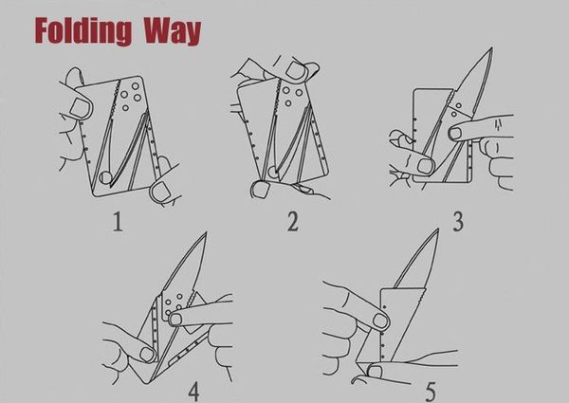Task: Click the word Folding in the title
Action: tap(83, 31)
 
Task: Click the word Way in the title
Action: tap(173, 31)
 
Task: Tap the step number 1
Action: tap(118, 222)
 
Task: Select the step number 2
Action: tap(292, 221)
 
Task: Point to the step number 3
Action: tap(458, 222)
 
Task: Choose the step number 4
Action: tap(194, 392)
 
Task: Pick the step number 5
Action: tap(431, 392)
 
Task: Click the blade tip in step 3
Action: tap(491, 47)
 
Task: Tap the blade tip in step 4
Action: tap(206, 232)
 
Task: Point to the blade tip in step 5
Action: tap(437, 229)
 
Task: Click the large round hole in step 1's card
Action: tap(105, 177)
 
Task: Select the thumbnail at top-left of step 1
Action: tap(79, 108)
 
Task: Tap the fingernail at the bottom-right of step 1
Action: tap(161, 191)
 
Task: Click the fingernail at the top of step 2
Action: tap(297, 70)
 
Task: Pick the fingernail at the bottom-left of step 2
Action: tap(260, 190)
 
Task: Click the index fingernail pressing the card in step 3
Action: tap(455, 134)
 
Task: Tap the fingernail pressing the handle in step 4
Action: tap(175, 320)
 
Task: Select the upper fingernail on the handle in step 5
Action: tap(380, 321)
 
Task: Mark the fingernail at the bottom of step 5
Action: tap(375, 371)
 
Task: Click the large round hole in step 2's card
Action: tap(273, 172)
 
